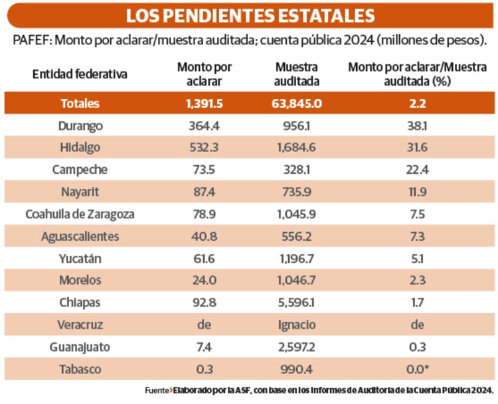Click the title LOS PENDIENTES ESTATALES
249,15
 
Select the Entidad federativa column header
80,74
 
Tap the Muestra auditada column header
297,74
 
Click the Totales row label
80,103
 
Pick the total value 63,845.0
297,103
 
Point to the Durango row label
80,125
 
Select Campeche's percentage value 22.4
417,169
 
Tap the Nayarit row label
80,192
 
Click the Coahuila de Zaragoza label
80,214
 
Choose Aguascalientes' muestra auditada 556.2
297,236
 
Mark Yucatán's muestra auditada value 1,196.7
297,258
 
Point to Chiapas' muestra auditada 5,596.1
297,303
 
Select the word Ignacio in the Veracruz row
297,324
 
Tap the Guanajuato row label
80,346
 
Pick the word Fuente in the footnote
157,390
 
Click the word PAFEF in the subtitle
31,40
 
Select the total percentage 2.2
417,103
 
